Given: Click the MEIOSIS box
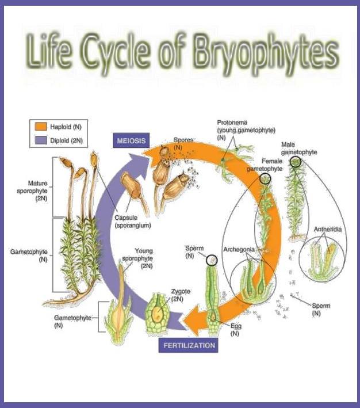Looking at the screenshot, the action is click(x=131, y=141).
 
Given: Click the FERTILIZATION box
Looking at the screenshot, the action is click(x=188, y=345).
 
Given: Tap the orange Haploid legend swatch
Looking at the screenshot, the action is click(x=41, y=127).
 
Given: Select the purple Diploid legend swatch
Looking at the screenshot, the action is click(x=41, y=140).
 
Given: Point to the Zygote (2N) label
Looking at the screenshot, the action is click(x=181, y=295).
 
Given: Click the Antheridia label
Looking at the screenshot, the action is click(x=328, y=229).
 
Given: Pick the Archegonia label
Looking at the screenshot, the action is click(x=239, y=249).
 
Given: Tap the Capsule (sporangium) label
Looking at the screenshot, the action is click(x=133, y=222).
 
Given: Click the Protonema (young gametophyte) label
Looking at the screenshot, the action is click(x=246, y=130).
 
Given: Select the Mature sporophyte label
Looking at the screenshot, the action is click(x=32, y=190).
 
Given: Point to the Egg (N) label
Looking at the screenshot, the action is click(x=236, y=329).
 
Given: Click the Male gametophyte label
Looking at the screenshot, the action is click(x=299, y=148).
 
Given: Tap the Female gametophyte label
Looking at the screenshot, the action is click(x=265, y=165).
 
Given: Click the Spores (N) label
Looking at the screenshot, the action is click(x=183, y=143).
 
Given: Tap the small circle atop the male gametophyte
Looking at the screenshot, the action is click(x=295, y=162).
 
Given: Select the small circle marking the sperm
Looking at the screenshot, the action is click(x=212, y=260).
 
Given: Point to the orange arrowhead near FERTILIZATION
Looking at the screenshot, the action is click(x=194, y=320).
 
